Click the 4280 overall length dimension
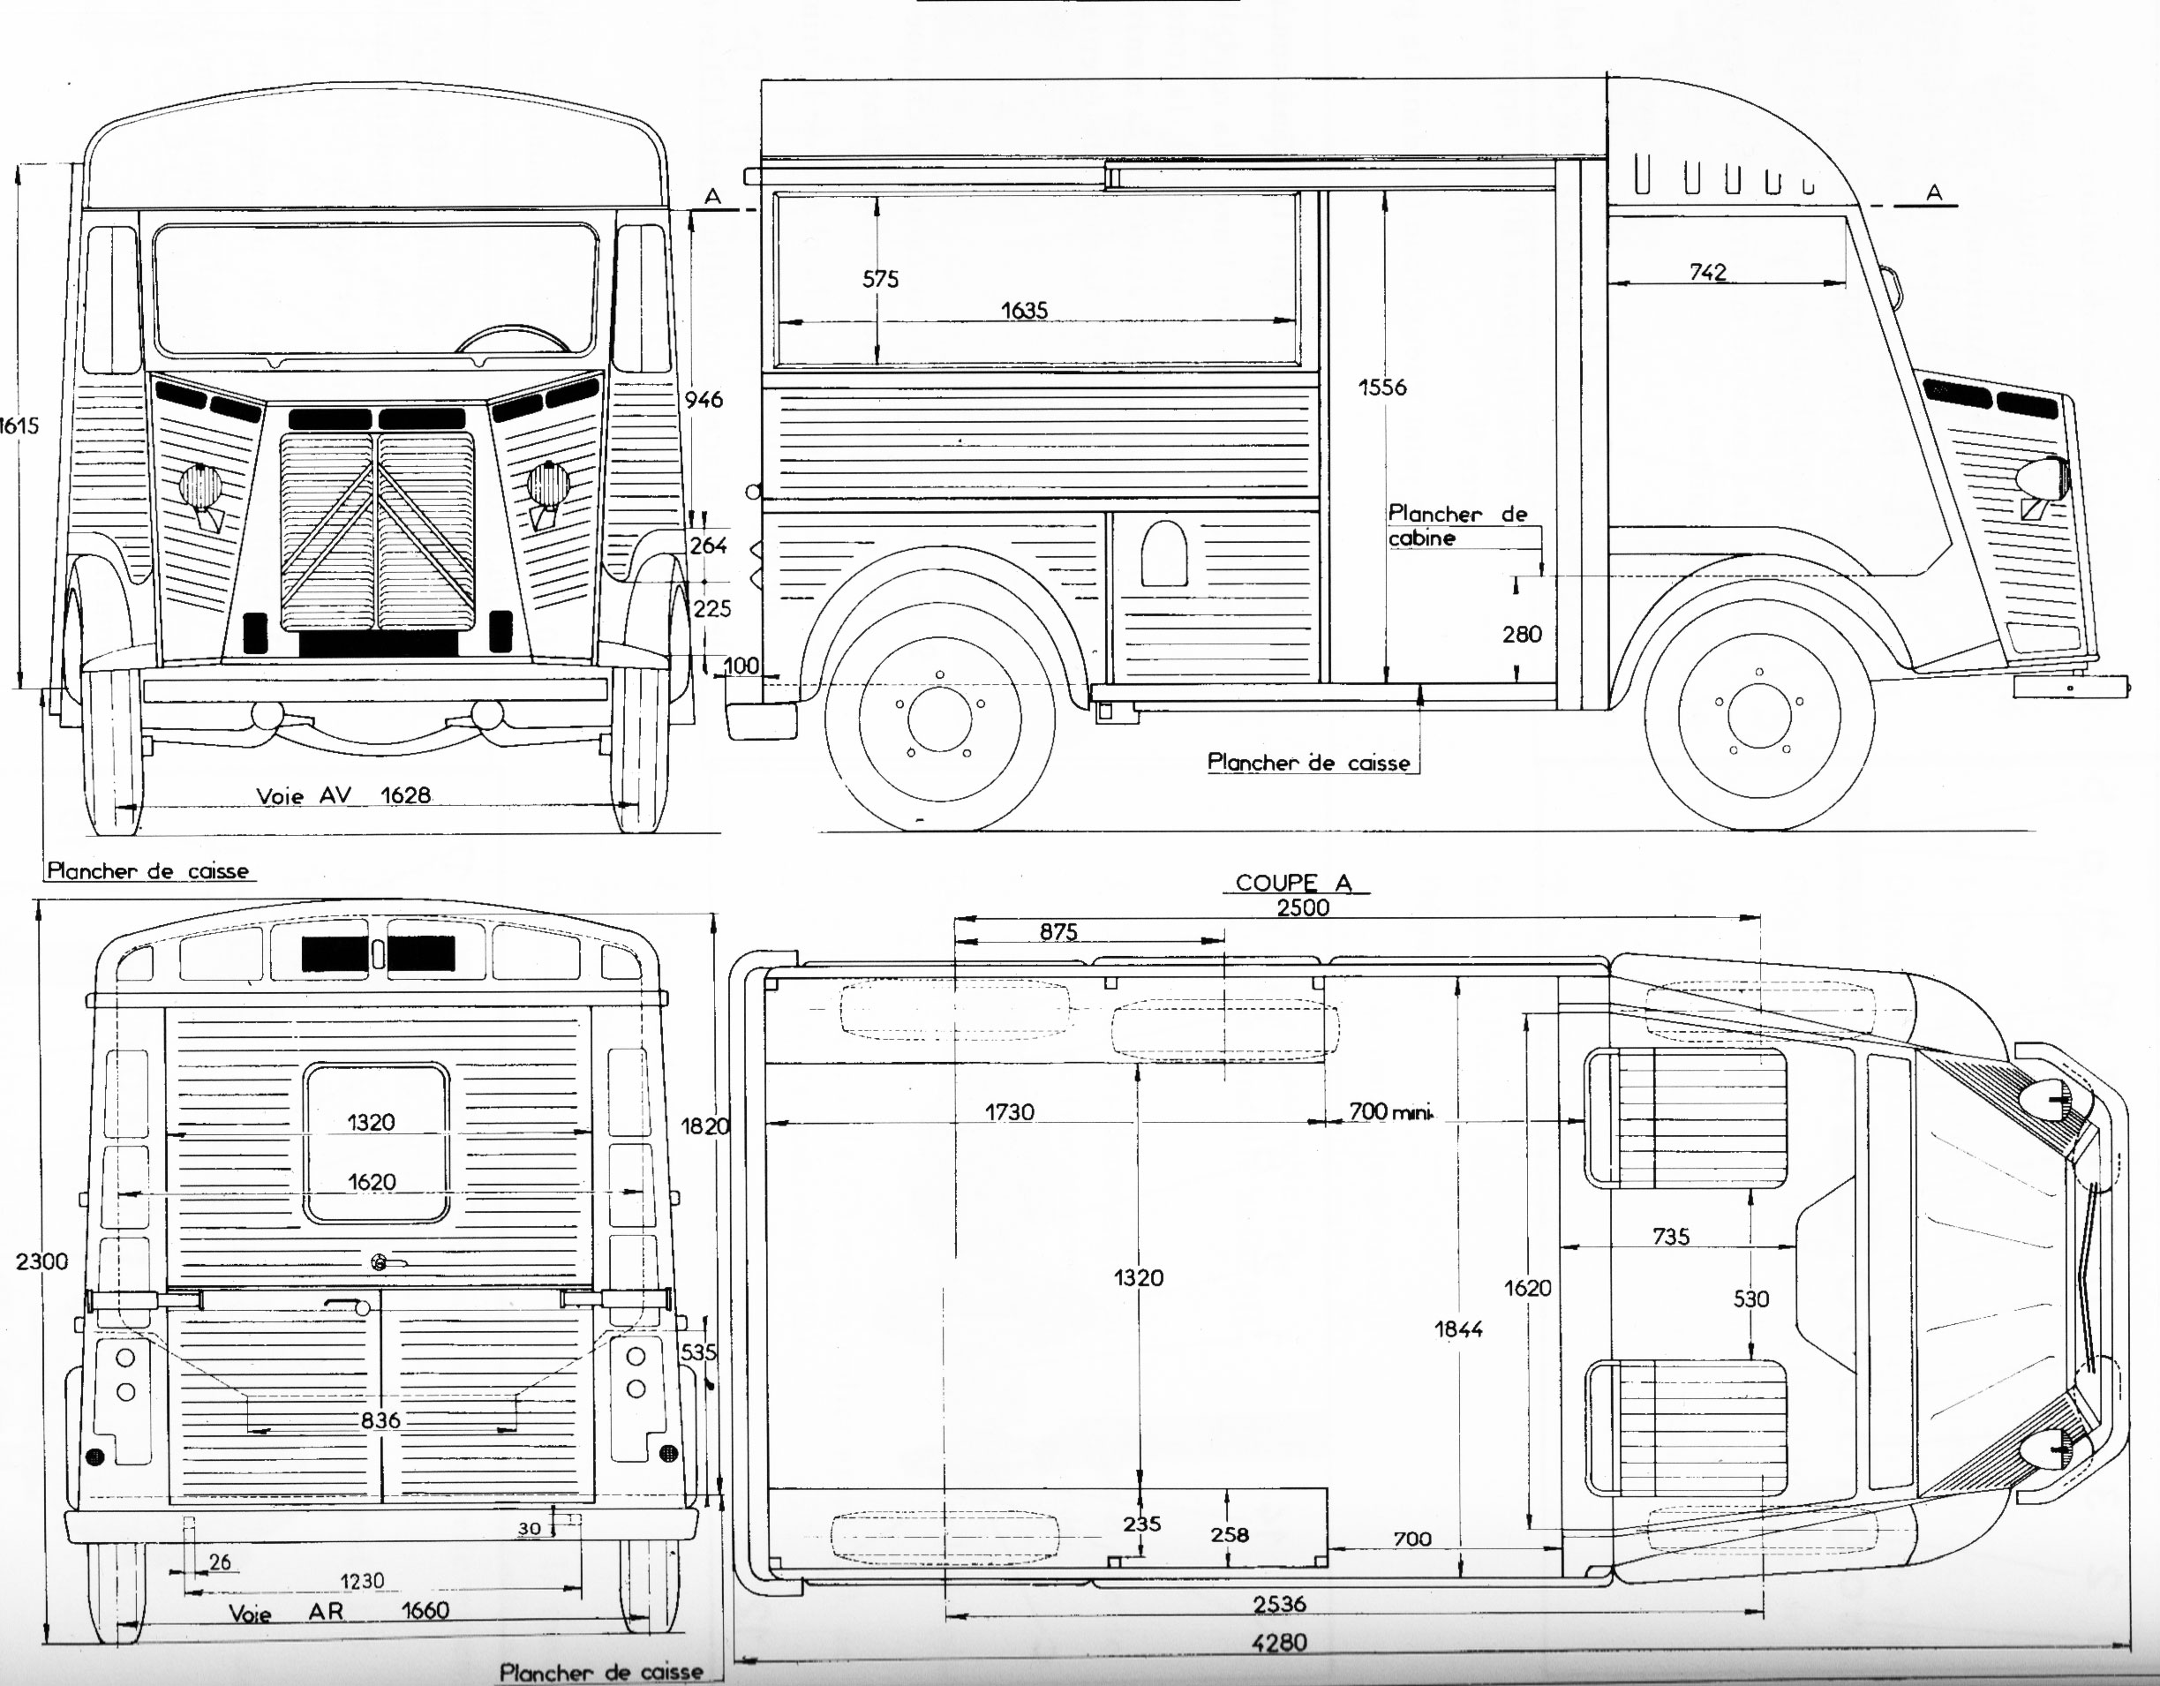click(1279, 1643)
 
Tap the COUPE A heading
click(1294, 882)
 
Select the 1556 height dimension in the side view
click(1381, 387)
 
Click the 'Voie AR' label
click(286, 1612)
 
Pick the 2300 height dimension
click(42, 1261)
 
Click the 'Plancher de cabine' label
click(1456, 525)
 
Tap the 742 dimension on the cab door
click(1708, 271)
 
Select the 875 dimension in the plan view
click(1058, 931)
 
